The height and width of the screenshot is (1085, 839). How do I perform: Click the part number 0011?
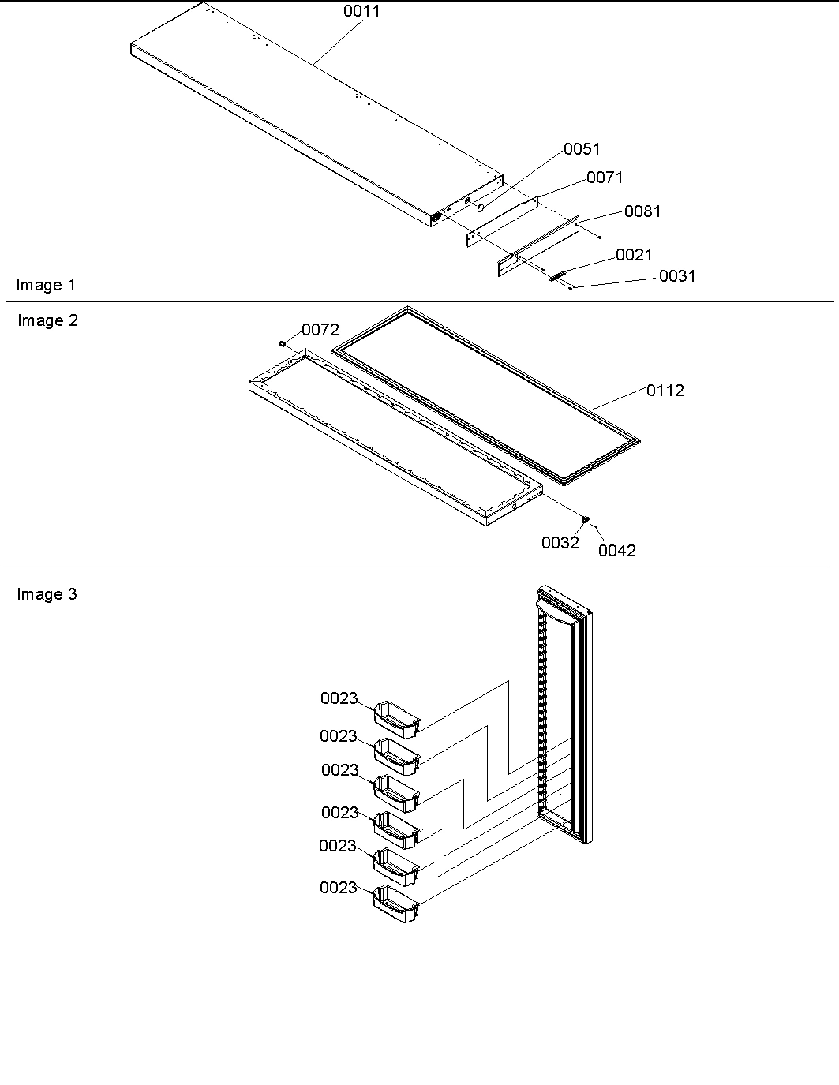[361, 12]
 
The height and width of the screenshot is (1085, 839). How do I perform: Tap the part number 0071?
[605, 178]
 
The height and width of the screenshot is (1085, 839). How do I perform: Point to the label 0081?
[642, 211]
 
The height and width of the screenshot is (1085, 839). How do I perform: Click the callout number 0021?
[634, 255]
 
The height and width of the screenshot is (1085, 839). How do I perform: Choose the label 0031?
[677, 276]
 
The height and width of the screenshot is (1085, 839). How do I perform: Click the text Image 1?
[46, 286]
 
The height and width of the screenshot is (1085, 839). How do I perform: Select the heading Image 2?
[47, 321]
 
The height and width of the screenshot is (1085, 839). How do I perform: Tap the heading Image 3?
[47, 595]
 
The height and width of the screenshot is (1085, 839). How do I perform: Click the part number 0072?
[320, 331]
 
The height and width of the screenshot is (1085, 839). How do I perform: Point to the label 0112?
[665, 391]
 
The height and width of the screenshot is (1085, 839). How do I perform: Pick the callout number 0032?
[560, 543]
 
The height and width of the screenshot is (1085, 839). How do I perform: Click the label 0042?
[616, 551]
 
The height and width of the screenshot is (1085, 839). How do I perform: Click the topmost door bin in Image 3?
[397, 716]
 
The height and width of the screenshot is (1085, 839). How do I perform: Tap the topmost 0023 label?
[339, 699]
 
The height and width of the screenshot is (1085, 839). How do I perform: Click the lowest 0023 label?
[339, 889]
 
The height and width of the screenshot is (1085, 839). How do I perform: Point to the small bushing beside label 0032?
[586, 518]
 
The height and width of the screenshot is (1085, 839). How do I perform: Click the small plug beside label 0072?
[282, 343]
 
